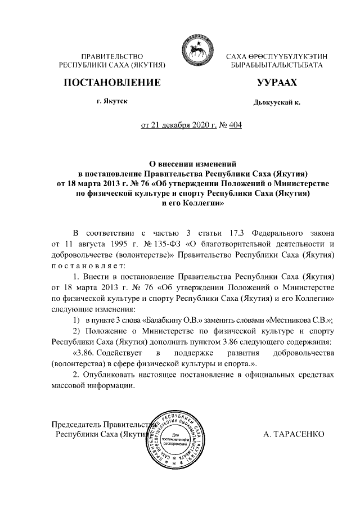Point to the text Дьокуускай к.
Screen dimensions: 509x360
coord(277,104)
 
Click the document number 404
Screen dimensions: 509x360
coord(233,125)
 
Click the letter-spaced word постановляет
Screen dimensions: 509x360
coord(86,265)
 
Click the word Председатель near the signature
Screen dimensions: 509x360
coord(76,424)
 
